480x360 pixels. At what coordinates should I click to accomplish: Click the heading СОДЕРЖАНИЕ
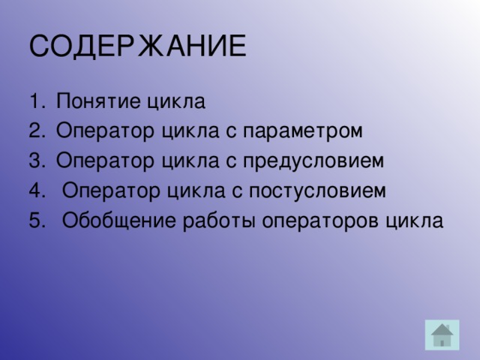pos(138,46)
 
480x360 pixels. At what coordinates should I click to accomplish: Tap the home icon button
pos(442,334)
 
